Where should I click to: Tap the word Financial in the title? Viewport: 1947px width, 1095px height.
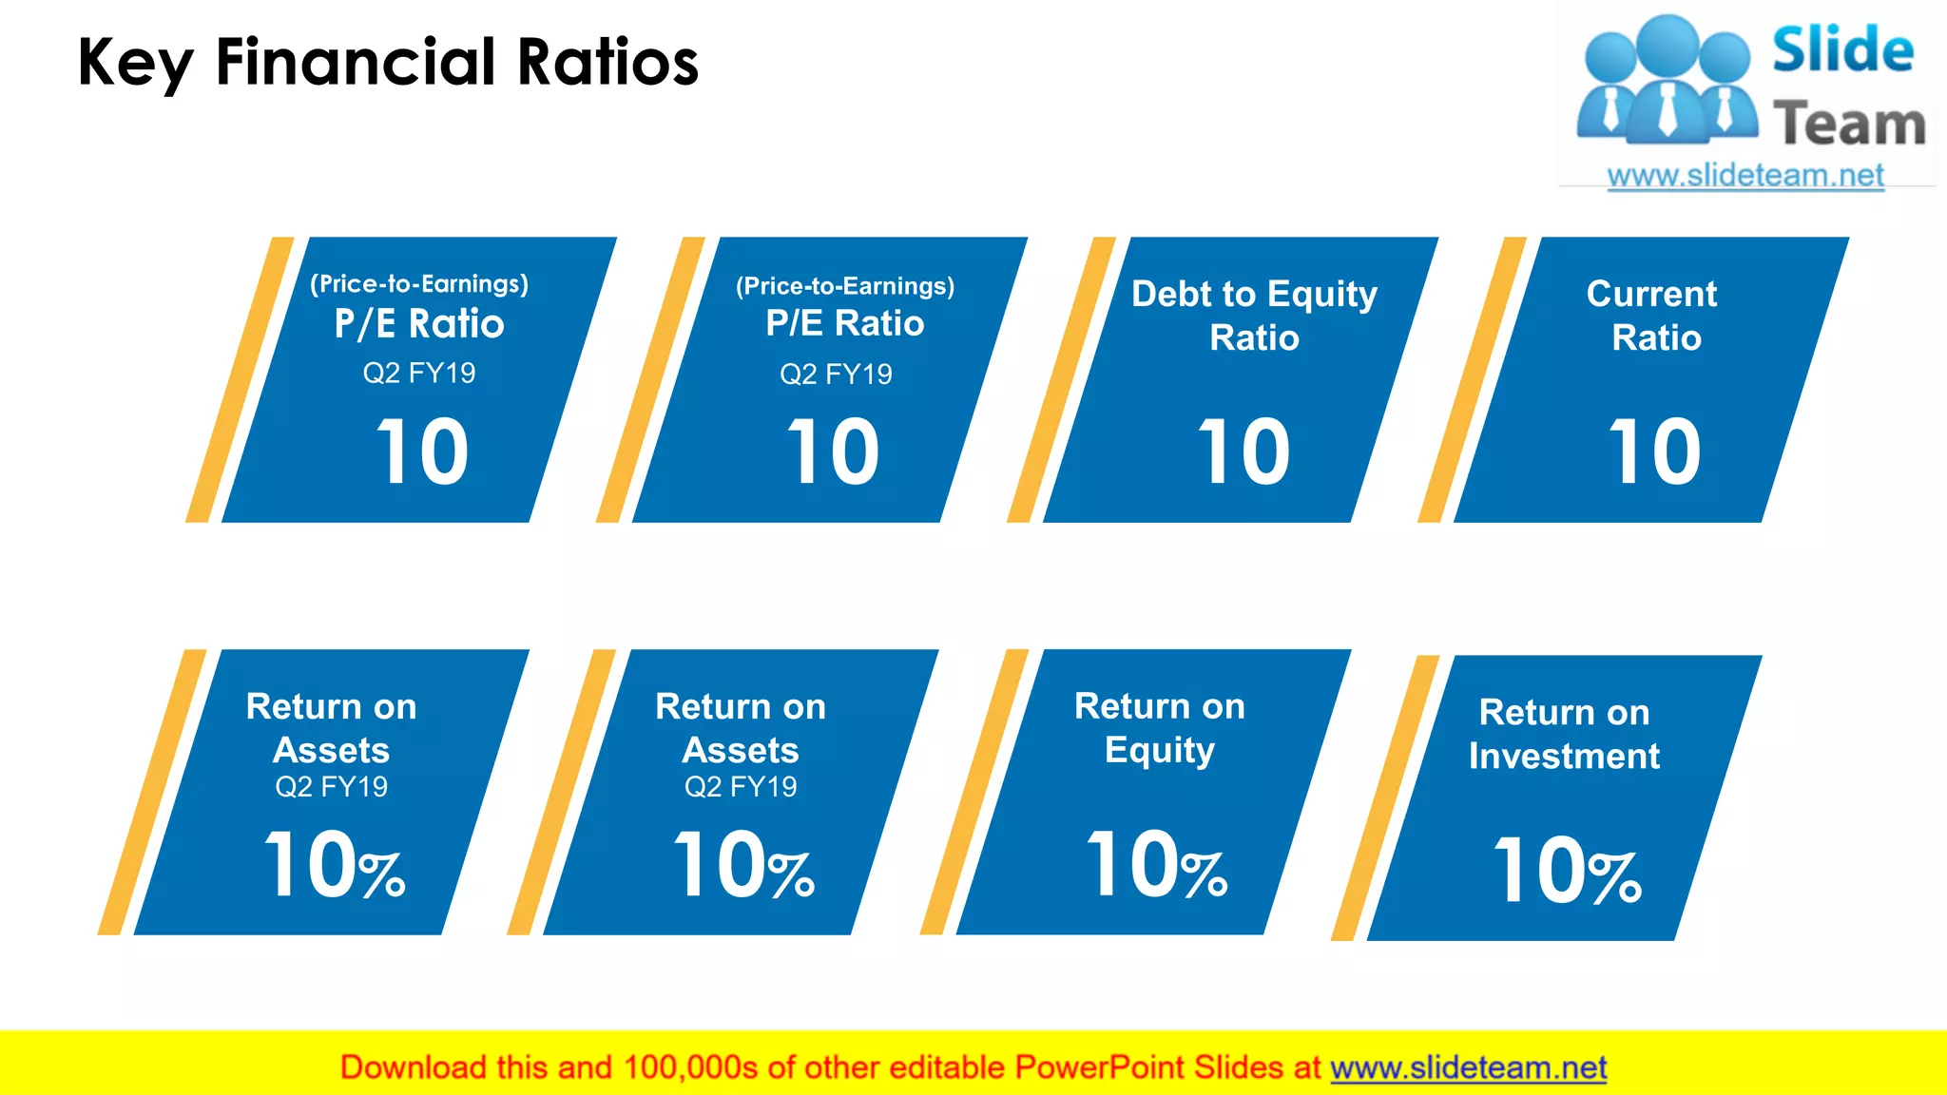[356, 63]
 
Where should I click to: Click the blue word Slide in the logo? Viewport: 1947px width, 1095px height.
[1842, 50]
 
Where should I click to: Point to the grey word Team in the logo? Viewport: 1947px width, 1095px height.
[1849, 124]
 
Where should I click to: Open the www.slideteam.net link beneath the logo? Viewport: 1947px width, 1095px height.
[1745, 176]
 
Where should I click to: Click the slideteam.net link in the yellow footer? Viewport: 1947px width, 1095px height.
[1468, 1067]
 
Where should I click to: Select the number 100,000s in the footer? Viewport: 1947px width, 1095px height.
[690, 1067]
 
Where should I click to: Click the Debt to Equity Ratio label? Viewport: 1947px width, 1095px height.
[1254, 316]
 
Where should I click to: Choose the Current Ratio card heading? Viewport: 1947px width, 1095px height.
[1654, 316]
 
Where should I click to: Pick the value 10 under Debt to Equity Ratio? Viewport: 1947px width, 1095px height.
[1243, 452]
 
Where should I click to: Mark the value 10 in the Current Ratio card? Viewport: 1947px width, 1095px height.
[1654, 452]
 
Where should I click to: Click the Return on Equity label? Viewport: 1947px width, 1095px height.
[1160, 728]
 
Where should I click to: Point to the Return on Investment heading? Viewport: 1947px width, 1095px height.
[1564, 734]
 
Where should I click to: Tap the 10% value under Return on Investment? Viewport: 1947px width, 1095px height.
[1567, 872]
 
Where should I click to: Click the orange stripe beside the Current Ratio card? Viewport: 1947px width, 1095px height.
[1472, 380]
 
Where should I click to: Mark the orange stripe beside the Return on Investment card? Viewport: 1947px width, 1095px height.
[1384, 798]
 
